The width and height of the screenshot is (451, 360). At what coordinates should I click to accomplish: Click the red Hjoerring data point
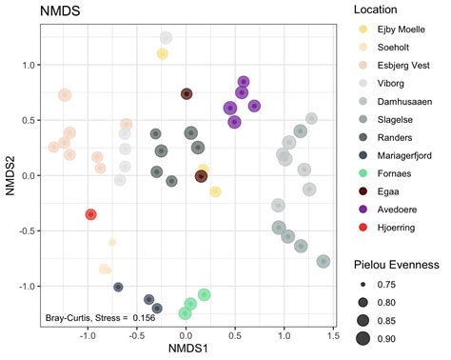pyautogui.click(x=90, y=214)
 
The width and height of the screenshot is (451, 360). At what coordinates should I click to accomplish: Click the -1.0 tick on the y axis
pyautogui.click(x=27, y=286)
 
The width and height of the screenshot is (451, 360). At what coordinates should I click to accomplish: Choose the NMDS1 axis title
pyautogui.click(x=186, y=350)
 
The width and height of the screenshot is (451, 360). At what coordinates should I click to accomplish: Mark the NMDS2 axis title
pyautogui.click(x=10, y=175)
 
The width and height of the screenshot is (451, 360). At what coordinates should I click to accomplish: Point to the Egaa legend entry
pyautogui.click(x=383, y=194)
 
